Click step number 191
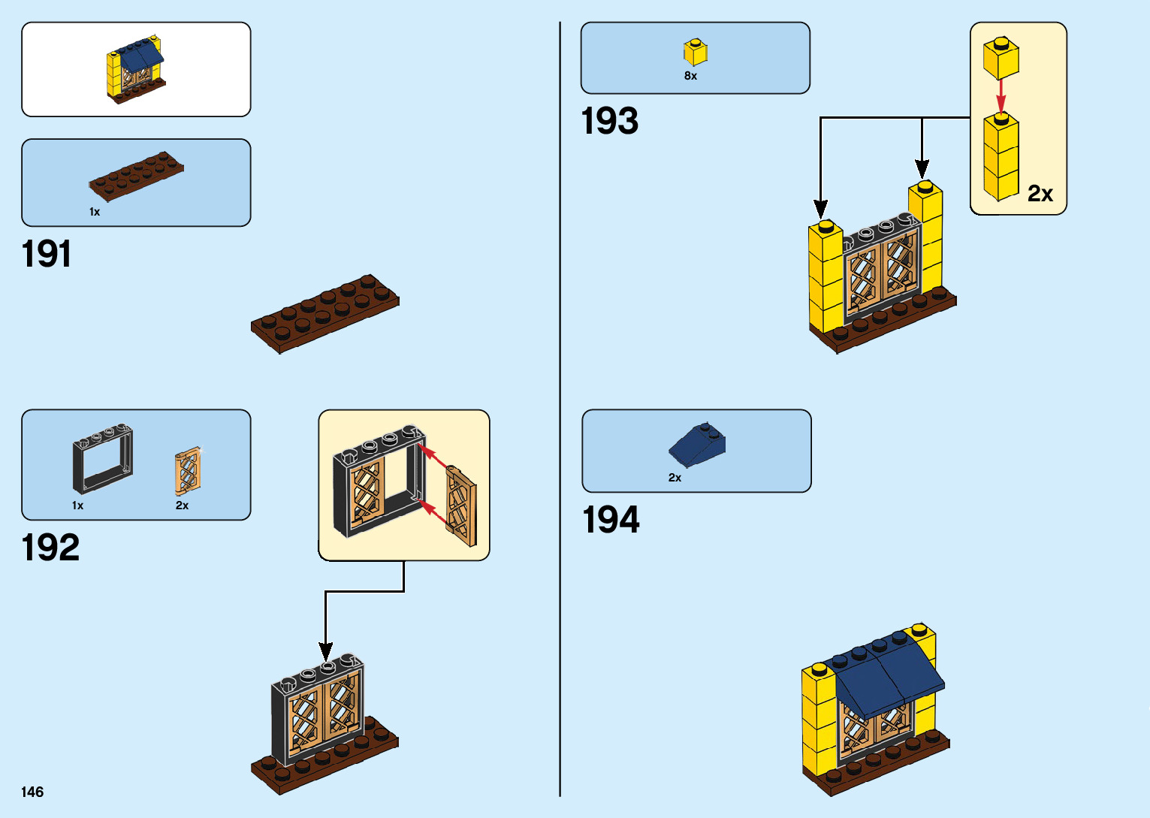click(47, 254)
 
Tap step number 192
click(50, 548)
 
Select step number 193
click(609, 121)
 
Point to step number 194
click(611, 520)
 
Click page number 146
click(32, 792)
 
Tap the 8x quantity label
click(690, 76)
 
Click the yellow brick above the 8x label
click(695, 52)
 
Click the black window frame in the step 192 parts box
click(103, 458)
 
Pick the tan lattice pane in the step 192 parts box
click(188, 471)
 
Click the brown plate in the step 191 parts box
click(136, 177)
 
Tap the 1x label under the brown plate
click(95, 212)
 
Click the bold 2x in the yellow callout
click(1040, 194)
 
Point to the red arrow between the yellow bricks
click(1001, 95)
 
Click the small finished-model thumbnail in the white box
click(135, 70)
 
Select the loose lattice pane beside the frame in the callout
click(460, 505)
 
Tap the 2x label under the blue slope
click(675, 478)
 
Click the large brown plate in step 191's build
click(324, 312)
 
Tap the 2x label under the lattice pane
click(182, 506)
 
